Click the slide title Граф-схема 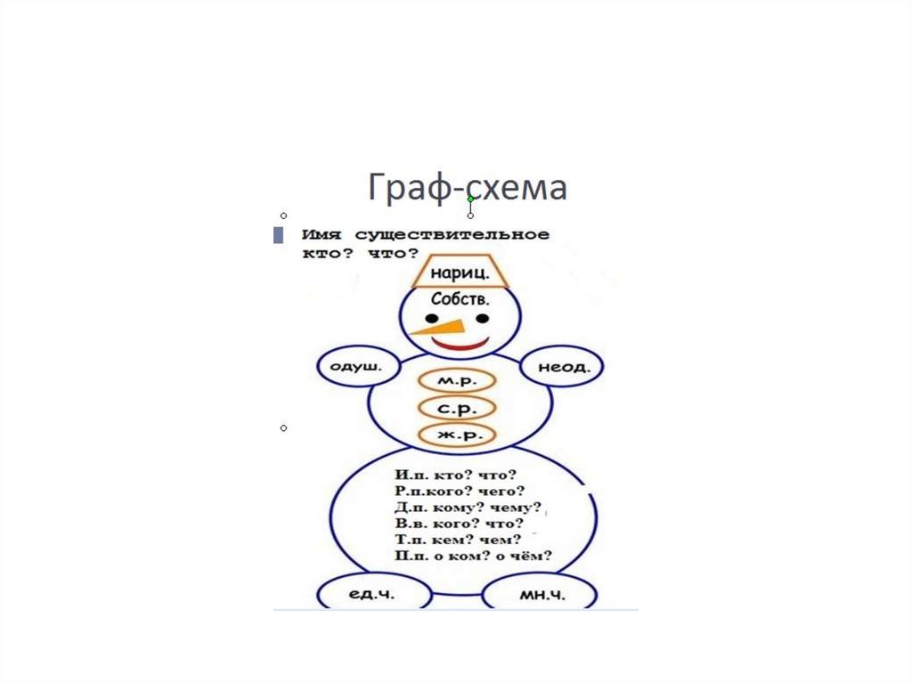click(x=467, y=188)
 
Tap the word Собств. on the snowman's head click(x=460, y=299)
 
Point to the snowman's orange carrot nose click(x=436, y=326)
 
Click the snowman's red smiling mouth click(x=460, y=343)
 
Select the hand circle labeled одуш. click(x=355, y=366)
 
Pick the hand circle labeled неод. click(x=564, y=366)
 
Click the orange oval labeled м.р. click(x=456, y=380)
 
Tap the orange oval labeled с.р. click(x=456, y=408)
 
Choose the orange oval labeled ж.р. click(x=456, y=435)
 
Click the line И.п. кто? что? click(x=455, y=476)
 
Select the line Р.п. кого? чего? click(x=460, y=492)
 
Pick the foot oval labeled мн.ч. click(x=541, y=595)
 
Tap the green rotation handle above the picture click(x=470, y=199)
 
